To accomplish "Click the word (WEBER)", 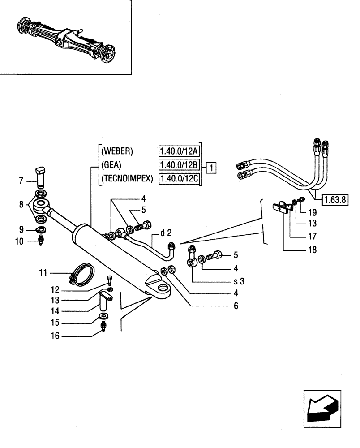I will pyautogui.click(x=118, y=151).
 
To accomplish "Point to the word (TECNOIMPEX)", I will pyautogui.click(x=127, y=180).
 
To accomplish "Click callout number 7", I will pyautogui.click(x=21, y=181).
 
